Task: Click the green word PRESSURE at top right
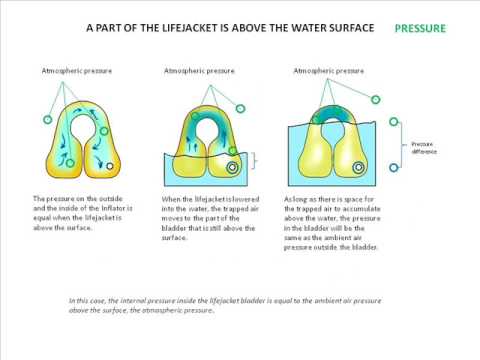point(421,29)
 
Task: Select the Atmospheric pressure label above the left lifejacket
point(75,72)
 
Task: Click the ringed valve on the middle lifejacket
point(233,169)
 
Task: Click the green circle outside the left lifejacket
point(46,120)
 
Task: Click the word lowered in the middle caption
point(248,199)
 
